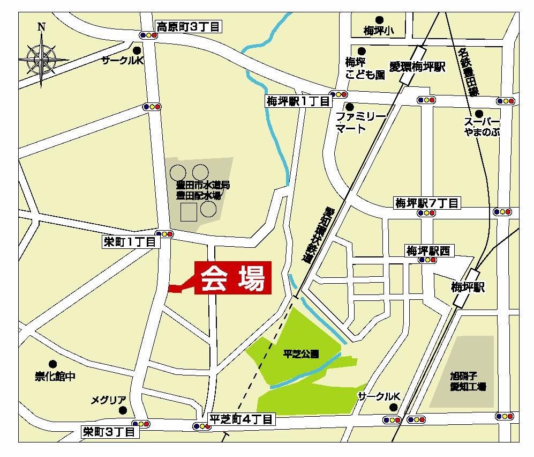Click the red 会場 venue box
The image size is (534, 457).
(232, 278)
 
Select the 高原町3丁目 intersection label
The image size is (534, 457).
(187, 25)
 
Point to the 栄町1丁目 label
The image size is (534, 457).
(130, 242)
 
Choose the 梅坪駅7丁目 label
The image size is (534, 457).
(427, 203)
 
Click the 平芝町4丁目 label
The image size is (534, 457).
(241, 419)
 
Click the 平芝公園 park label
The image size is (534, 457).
(300, 354)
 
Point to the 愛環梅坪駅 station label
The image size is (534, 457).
(417, 67)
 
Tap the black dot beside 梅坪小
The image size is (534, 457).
(379, 19)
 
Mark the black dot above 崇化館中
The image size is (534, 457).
(52, 364)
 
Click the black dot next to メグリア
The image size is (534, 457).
(124, 410)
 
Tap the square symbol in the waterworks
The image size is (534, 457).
(188, 212)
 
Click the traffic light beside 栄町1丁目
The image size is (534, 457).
(164, 234)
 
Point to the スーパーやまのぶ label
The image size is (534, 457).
(482, 126)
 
